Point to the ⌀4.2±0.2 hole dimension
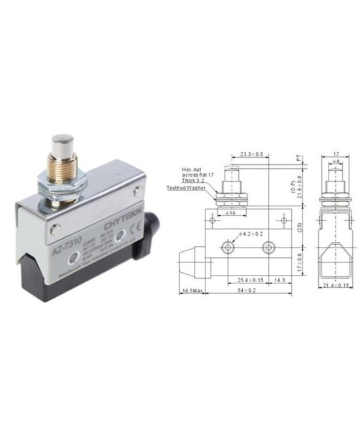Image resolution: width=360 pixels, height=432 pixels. tap(251, 234)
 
